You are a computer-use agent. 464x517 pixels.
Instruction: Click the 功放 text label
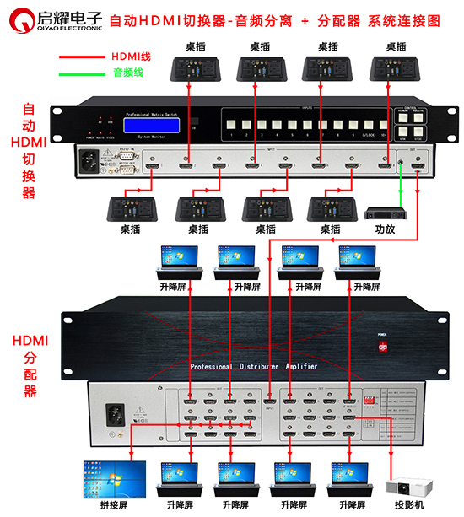pos(385,229)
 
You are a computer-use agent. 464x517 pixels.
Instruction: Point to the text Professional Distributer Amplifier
pos(252,367)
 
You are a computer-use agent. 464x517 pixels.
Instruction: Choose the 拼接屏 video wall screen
pos(114,477)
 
